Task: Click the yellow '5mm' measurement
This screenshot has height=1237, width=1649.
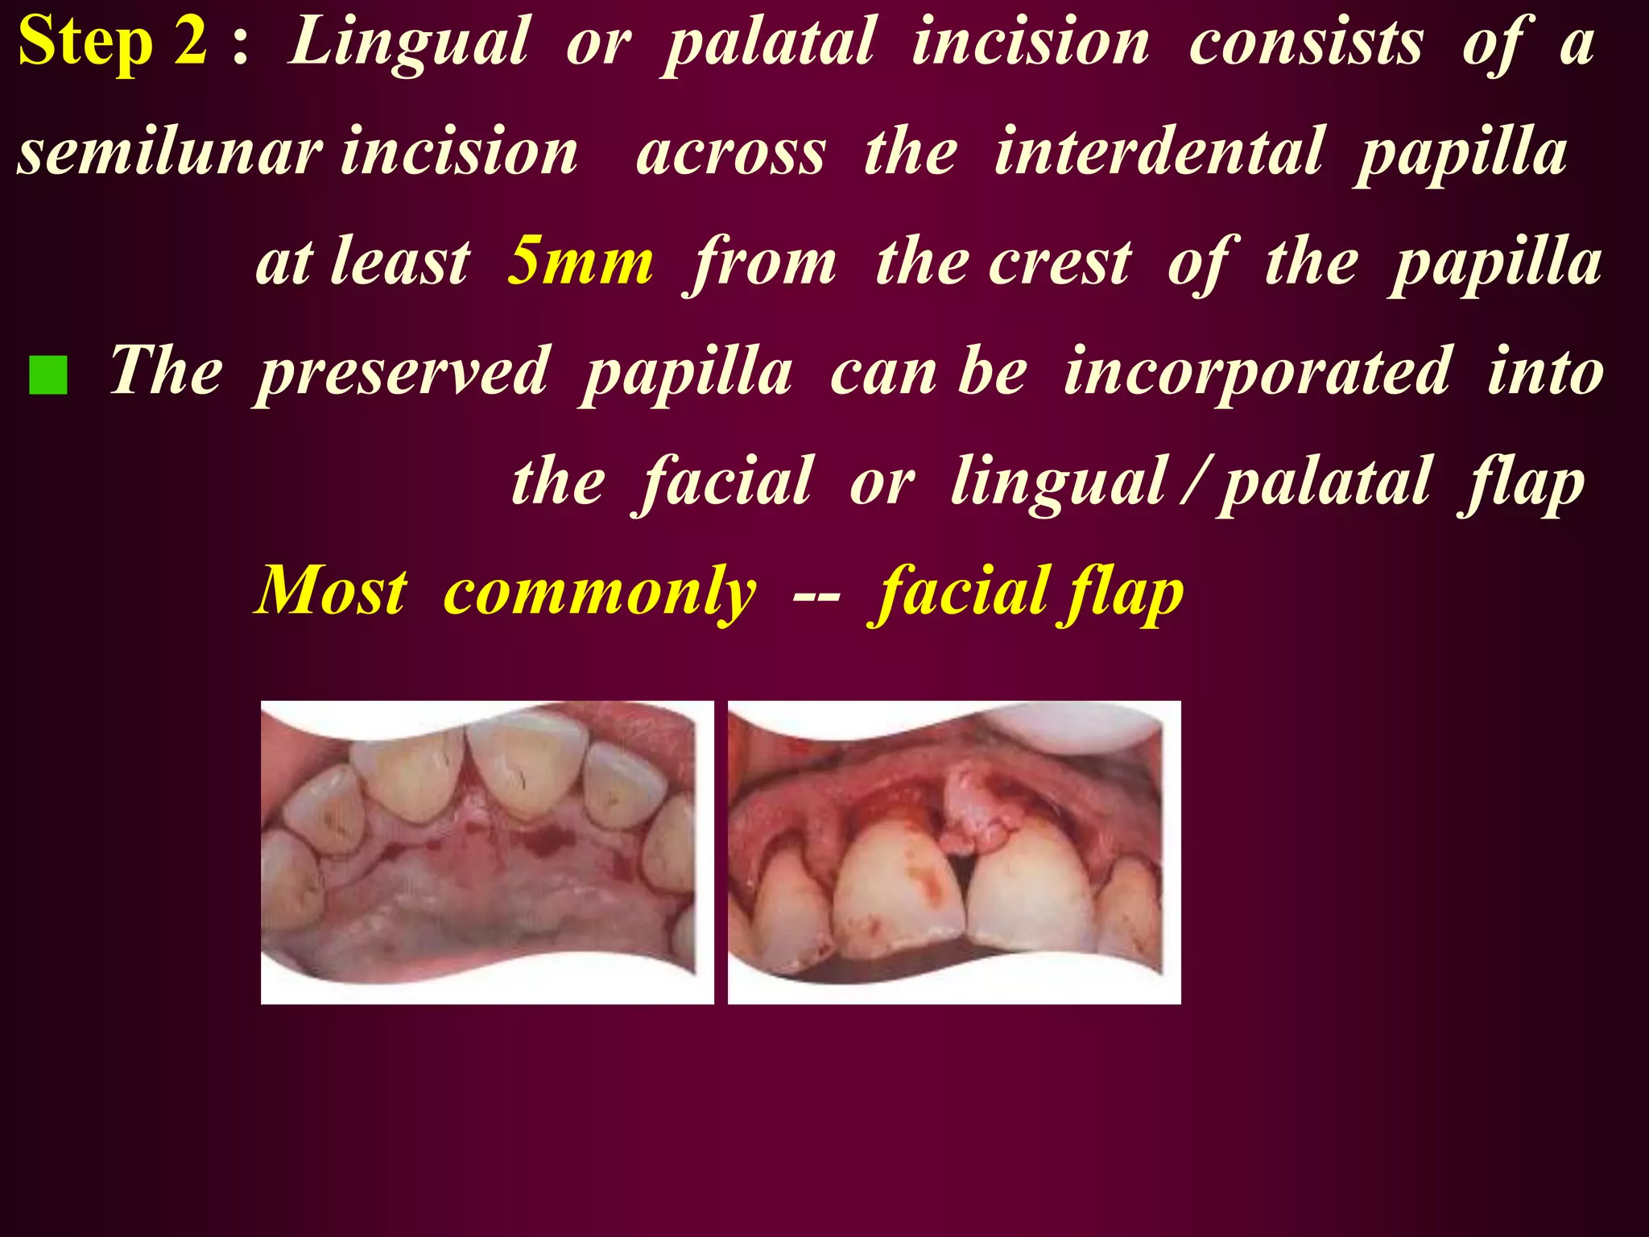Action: pos(580,261)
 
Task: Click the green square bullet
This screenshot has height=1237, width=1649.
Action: pos(48,375)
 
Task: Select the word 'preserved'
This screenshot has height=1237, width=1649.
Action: pos(403,372)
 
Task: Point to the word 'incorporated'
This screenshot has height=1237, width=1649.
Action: pos(1257,372)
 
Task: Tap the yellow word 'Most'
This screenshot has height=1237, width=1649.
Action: pos(331,591)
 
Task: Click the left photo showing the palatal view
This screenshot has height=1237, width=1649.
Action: pos(487,852)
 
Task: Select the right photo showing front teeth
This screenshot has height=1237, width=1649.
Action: pos(954,852)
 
